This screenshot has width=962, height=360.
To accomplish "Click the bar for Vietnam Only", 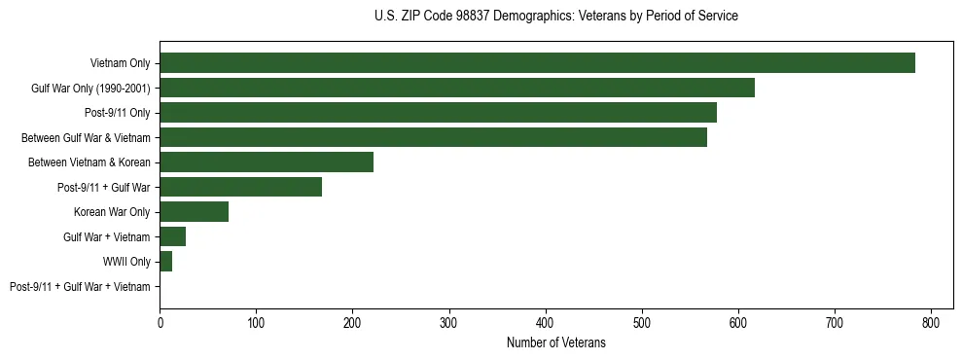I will pos(537,63).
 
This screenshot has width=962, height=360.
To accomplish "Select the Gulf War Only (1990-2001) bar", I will pos(457,89).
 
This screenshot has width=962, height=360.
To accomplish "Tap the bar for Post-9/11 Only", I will pos(438,113).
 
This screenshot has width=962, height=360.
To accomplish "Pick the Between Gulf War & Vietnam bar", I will pos(433,138).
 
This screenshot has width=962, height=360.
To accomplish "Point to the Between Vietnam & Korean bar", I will pos(267,162).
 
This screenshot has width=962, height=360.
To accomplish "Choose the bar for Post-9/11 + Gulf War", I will pos(240,187).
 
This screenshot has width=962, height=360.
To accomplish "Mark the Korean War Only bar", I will pos(195,212).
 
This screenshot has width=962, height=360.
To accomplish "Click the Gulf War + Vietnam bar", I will pos(173,237).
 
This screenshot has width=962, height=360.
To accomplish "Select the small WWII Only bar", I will pos(166,262).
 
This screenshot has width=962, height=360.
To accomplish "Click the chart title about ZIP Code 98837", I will pos(555,17).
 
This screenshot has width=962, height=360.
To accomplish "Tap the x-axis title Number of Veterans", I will pos(555,343).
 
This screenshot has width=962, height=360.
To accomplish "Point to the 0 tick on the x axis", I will pos(160,322).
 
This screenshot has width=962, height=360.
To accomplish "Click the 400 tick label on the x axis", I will pos(546,322).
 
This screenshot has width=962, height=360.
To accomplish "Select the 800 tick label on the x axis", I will pos(931,322).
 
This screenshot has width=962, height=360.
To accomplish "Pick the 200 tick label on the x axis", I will pos(352,322).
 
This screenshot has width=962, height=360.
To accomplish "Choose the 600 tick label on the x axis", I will pos(738,322).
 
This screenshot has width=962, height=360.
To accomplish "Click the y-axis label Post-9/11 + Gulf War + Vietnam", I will pos(80,287).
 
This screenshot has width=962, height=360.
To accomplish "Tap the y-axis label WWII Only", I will pos(126,262).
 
